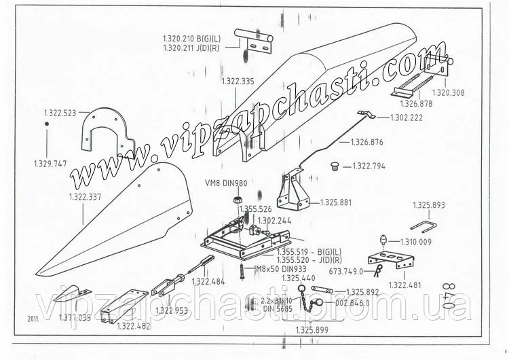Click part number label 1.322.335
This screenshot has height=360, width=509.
tap(238, 82)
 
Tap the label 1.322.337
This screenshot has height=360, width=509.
tap(86, 196)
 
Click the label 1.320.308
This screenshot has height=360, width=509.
tap(448, 93)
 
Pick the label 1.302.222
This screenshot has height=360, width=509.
tap(406, 118)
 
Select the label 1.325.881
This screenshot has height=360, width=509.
tap(336, 202)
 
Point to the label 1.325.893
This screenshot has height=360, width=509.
tap(429, 204)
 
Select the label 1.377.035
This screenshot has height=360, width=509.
tap(75, 317)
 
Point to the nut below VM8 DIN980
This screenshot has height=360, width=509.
tap(238, 200)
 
